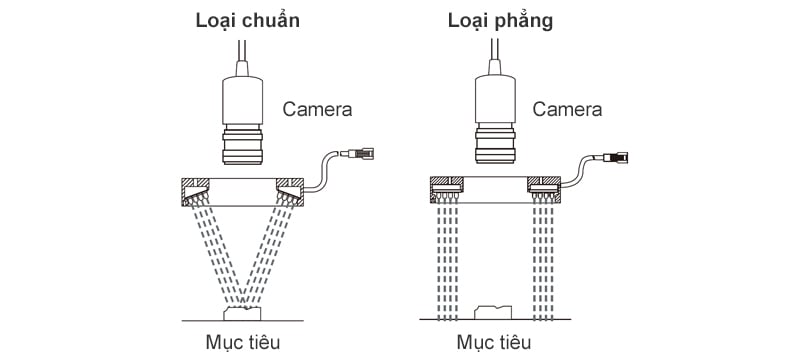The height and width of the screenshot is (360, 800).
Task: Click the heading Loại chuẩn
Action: [x=247, y=21]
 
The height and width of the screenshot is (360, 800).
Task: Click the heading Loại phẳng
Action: [x=501, y=21]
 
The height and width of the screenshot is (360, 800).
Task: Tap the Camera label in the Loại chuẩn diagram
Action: [x=317, y=109]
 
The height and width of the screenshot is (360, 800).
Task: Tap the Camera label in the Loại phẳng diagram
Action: [x=567, y=109]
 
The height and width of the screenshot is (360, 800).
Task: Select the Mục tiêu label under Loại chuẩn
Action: [x=243, y=342]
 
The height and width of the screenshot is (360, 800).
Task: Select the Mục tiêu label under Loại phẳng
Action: [x=493, y=342]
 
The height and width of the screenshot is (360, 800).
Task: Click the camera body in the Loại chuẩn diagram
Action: [x=243, y=100]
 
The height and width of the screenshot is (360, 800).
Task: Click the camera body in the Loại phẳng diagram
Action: [x=495, y=100]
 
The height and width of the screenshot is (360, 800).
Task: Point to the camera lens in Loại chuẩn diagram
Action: [x=243, y=145]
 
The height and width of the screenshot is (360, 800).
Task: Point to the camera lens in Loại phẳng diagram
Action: [x=495, y=145]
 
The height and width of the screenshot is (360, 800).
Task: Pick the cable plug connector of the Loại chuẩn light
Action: [x=360, y=152]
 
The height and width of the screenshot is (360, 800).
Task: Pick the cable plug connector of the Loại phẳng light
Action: [x=614, y=157]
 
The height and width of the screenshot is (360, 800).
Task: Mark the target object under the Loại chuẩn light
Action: [x=242, y=313]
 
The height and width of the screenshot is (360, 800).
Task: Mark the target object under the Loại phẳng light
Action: [x=493, y=313]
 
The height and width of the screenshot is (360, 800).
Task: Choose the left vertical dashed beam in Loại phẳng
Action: [x=447, y=260]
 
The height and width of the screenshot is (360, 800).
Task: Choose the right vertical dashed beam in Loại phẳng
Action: [x=543, y=260]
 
